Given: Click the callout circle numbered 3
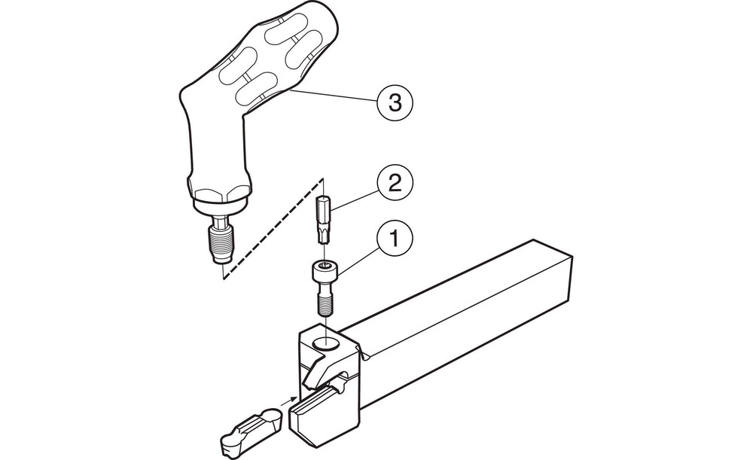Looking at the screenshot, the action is (x=395, y=102).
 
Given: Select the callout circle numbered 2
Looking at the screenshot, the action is (x=395, y=184).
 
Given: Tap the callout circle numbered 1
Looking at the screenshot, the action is (x=395, y=239).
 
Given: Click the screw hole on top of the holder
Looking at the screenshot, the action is (x=325, y=343).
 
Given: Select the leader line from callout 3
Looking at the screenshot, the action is (x=334, y=95).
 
